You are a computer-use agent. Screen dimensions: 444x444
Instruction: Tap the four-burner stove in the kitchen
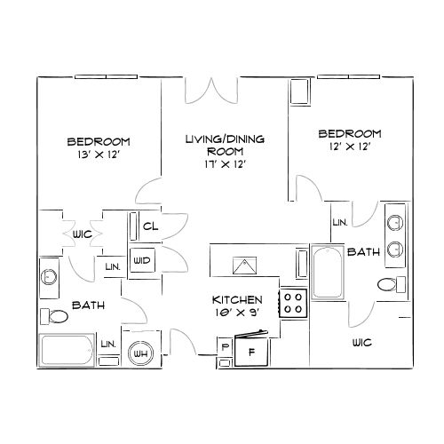[x=293, y=303]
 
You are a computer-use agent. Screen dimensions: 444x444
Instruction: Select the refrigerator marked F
[x=252, y=352]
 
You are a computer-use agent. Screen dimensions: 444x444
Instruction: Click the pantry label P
[x=225, y=347]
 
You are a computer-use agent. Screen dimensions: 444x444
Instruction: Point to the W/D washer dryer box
[x=142, y=260]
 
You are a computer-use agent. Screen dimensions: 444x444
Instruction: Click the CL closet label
[x=150, y=226]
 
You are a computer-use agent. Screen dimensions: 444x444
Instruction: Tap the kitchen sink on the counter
[x=244, y=266]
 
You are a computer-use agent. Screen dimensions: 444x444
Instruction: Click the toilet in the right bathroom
[x=392, y=284]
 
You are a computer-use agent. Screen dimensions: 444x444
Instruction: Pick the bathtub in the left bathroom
[x=67, y=350]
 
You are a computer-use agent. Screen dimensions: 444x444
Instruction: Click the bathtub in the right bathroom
[x=328, y=273]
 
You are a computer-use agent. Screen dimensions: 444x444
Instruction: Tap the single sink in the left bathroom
[x=49, y=276]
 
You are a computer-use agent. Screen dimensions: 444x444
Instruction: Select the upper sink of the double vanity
[x=395, y=222]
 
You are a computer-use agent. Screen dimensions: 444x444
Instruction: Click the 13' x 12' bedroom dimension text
[x=99, y=155]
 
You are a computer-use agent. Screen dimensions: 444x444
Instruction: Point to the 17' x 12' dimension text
[x=226, y=163]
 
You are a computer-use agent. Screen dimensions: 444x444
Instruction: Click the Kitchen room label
[x=237, y=300]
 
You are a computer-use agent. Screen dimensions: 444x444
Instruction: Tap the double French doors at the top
[x=211, y=91]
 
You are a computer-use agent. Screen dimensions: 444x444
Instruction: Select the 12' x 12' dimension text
[x=350, y=147]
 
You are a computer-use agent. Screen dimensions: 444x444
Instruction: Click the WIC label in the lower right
[x=362, y=343]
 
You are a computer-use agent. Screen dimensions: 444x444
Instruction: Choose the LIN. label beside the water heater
[x=108, y=345]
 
